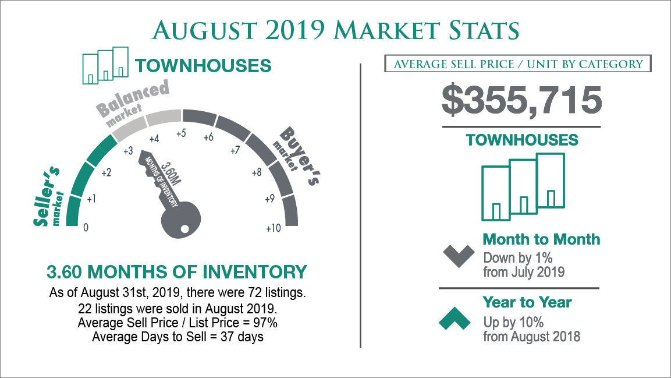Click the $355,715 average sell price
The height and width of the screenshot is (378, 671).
521,100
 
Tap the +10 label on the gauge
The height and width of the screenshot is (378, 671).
274,228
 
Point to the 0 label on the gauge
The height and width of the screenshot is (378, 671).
86,227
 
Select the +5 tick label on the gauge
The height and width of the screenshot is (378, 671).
181,133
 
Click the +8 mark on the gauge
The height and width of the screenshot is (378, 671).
256,172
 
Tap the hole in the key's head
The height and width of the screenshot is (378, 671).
184,229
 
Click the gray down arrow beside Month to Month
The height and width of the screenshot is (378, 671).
459,256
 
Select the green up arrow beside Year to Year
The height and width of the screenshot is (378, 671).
455,318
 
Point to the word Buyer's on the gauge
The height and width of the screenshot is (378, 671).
299,156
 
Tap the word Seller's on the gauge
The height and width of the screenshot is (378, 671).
46,196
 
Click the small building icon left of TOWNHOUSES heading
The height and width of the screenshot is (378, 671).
105,65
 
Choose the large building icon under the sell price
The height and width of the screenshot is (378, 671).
523,187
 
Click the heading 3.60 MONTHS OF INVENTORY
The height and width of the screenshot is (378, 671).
177,272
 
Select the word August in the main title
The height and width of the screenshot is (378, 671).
204,30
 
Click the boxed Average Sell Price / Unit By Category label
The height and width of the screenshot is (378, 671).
518,64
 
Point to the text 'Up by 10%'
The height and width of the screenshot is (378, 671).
513,322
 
